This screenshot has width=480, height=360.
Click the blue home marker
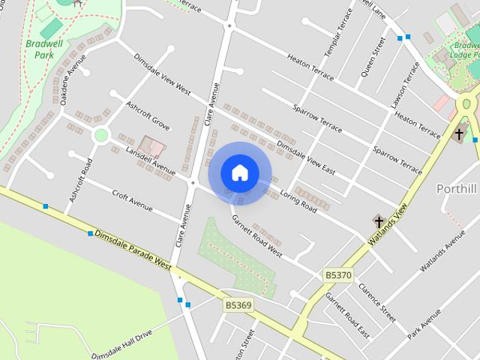[x=239, y=173]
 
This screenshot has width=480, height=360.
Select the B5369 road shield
[x=238, y=305]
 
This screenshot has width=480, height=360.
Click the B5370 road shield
[x=337, y=275]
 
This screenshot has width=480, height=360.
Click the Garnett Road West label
[x=256, y=236]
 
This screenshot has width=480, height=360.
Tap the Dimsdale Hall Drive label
[x=121, y=343]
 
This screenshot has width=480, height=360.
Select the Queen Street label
[x=373, y=56]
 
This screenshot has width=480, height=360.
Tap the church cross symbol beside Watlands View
[x=379, y=221]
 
